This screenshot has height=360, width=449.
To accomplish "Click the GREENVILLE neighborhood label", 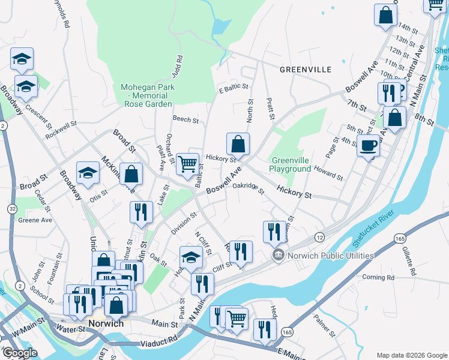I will pyautogui.click(x=306, y=70).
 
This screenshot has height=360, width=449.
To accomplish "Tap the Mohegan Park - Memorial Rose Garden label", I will pyautogui.click(x=148, y=95).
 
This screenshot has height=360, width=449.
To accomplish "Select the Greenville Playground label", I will pyautogui.click(x=292, y=164).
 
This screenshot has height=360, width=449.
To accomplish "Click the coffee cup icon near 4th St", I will pyautogui.click(x=368, y=145).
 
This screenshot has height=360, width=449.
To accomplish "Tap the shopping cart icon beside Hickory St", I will pyautogui.click(x=187, y=163).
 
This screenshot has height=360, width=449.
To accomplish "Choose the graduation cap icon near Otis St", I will pyautogui.click(x=88, y=173).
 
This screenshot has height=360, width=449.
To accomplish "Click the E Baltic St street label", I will pyautogui.click(x=234, y=87).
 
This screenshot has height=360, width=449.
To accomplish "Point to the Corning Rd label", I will pyautogui.click(x=378, y=277).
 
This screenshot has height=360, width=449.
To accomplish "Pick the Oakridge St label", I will pyautogui.click(x=249, y=188).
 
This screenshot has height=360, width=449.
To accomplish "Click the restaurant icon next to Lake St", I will pyautogui.click(x=141, y=212).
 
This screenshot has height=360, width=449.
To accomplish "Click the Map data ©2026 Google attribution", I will pyautogui.click(x=411, y=355).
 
